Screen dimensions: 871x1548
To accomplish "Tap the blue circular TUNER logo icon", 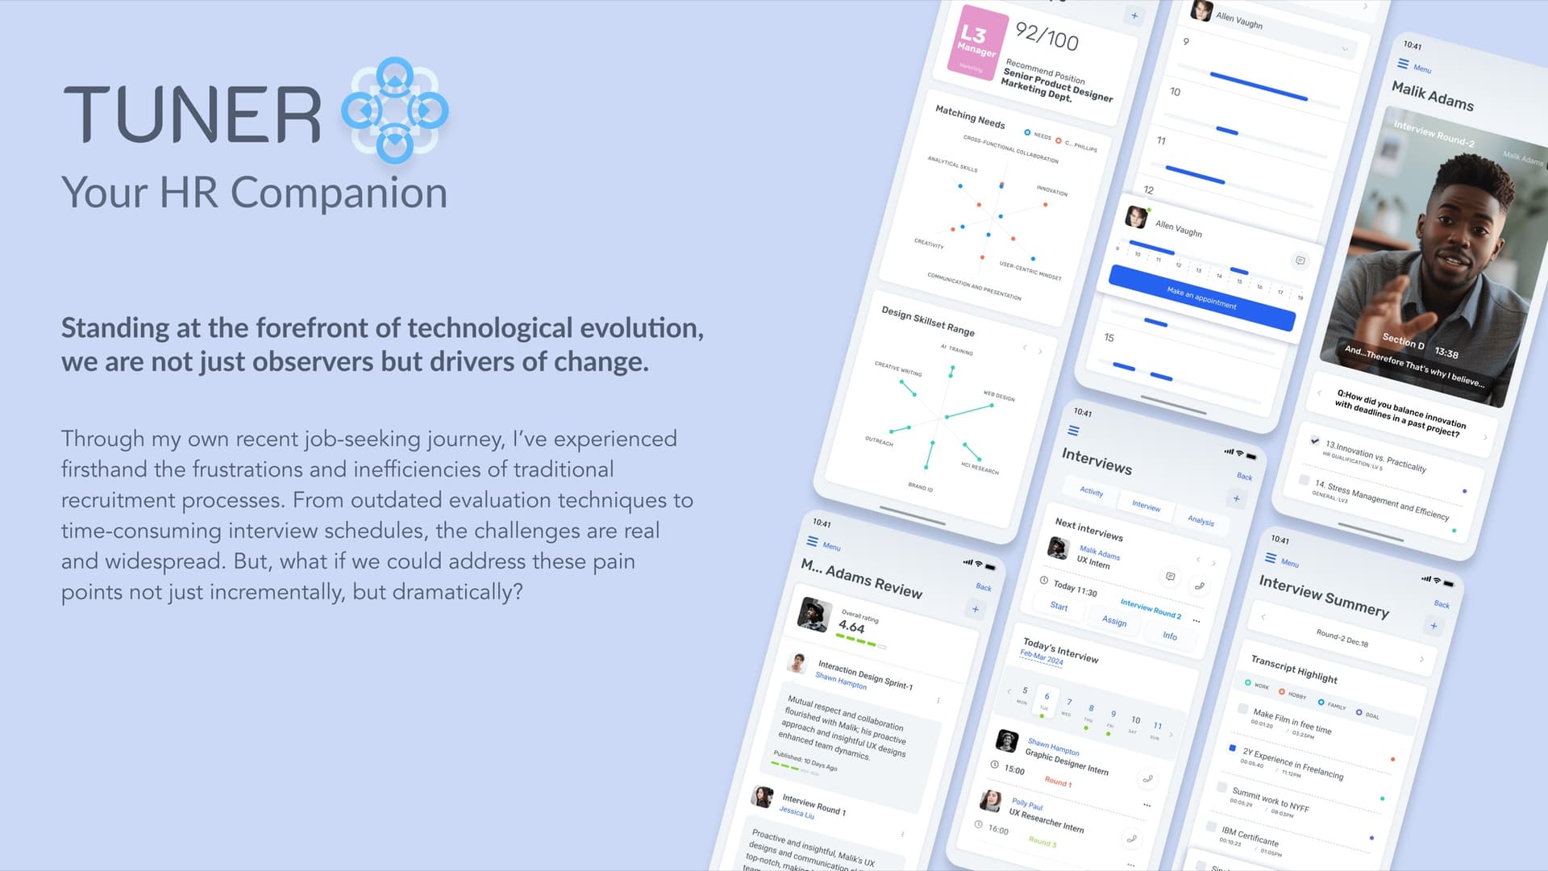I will click(394, 110).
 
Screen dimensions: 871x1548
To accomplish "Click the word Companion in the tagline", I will click(339, 194).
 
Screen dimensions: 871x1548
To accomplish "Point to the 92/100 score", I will click(1047, 36).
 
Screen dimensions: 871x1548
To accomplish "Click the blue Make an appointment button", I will click(1201, 298).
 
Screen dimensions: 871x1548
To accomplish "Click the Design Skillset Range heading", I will click(928, 321).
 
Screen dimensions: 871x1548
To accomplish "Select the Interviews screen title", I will click(1096, 461).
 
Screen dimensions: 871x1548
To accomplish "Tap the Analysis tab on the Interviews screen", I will click(1201, 521).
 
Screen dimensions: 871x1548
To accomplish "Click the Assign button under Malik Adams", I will click(1114, 621).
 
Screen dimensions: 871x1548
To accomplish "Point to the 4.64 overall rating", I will click(851, 627).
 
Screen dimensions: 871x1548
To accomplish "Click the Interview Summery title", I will click(1324, 595).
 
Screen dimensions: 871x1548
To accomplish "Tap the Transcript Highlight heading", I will click(1294, 669).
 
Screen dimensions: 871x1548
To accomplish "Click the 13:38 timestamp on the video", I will click(1446, 353).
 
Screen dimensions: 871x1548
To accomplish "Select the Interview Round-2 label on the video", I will click(1434, 134).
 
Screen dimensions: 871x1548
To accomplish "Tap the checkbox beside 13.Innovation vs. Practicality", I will click(1315, 441).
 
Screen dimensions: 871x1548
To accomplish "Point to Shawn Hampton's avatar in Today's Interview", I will click(1006, 740).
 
